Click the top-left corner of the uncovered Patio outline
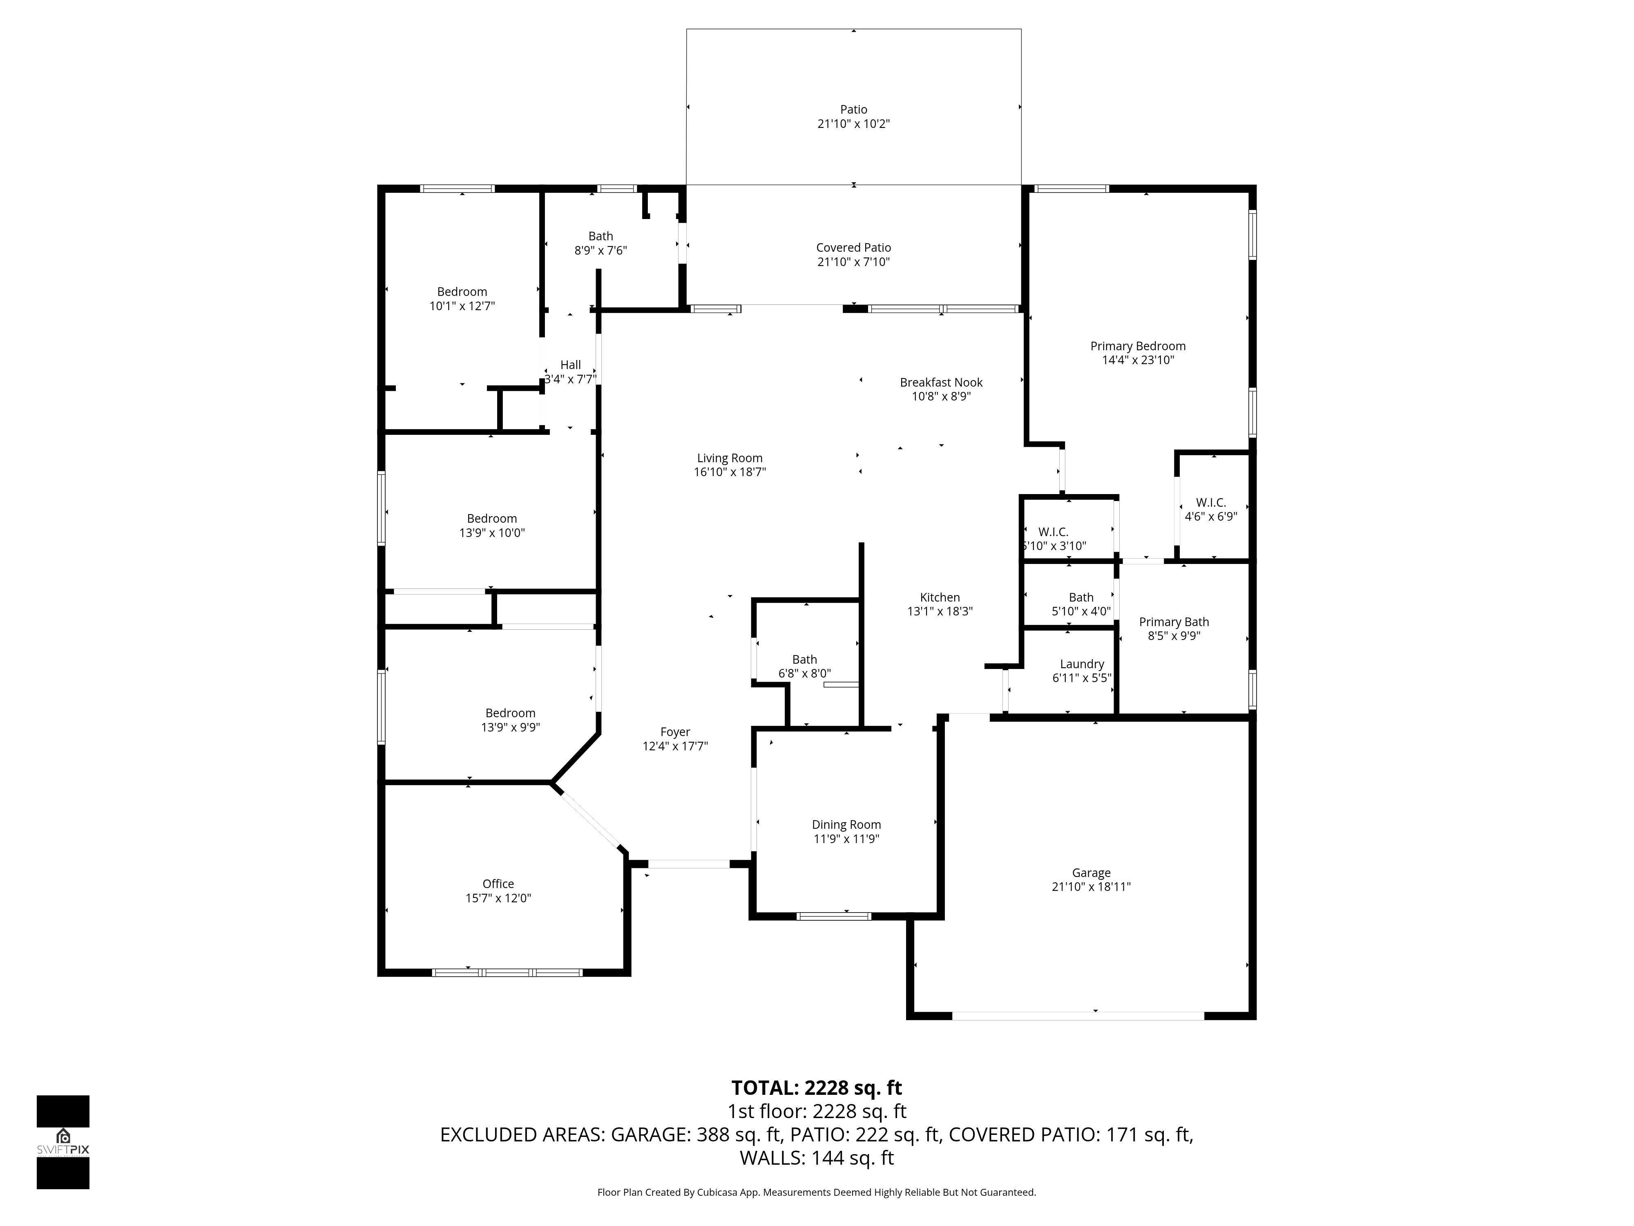(687, 29)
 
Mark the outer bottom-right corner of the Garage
(1256, 1020)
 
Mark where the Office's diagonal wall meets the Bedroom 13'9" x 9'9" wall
(551, 781)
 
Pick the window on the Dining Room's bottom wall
(834, 916)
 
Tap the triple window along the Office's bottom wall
(507, 973)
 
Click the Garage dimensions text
(1091, 887)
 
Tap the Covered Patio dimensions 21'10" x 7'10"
(853, 262)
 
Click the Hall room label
(570, 365)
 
